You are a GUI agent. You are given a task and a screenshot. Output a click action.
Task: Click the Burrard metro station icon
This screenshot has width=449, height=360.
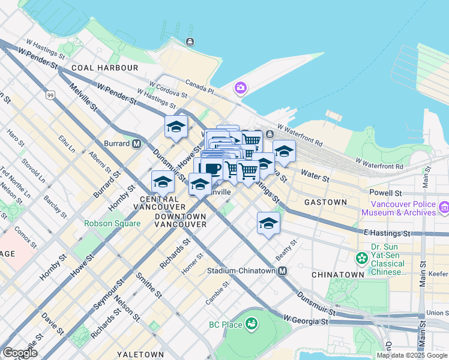pyautogui.click(x=137, y=143)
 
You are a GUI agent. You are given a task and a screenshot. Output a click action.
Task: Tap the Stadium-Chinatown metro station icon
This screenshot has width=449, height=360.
pyautogui.click(x=282, y=271)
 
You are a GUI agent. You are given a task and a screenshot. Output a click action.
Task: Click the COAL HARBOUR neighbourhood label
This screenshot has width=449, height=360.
pyautogui.click(x=104, y=68)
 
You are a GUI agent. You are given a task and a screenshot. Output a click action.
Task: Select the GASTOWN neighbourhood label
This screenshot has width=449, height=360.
pyautogui.click(x=325, y=202)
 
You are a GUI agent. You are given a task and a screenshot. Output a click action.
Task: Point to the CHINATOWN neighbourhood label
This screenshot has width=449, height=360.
pyautogui.click(x=337, y=274)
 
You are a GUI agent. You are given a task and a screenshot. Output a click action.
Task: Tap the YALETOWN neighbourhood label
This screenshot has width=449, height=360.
pyautogui.click(x=140, y=354)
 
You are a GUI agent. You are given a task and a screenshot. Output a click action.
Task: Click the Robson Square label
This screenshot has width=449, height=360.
pyautogui.click(x=112, y=223)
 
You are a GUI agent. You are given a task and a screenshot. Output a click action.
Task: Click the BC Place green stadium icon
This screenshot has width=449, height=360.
pyautogui.click(x=252, y=325)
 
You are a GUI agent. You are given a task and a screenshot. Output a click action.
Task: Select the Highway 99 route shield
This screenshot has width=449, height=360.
pyautogui.click(x=51, y=95)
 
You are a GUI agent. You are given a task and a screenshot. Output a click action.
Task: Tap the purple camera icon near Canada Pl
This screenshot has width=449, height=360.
pyautogui.click(x=240, y=89)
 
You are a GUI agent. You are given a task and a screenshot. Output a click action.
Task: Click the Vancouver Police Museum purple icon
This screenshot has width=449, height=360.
pyautogui.click(x=444, y=208)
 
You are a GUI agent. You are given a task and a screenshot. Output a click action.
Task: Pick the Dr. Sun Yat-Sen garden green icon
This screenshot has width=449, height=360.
pyautogui.click(x=361, y=258)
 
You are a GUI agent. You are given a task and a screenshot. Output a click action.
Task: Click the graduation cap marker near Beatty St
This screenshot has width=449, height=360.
pyautogui.click(x=269, y=224)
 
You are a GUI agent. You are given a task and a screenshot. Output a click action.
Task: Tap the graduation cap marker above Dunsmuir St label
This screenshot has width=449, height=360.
pyautogui.click(x=176, y=127)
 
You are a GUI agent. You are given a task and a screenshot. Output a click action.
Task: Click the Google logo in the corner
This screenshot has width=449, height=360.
pyautogui.click(x=20, y=353)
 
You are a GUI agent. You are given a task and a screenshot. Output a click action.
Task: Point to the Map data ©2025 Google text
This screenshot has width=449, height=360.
pyautogui.click(x=412, y=355)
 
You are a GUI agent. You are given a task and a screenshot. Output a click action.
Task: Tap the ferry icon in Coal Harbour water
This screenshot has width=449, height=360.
pyautogui.click(x=190, y=41)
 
